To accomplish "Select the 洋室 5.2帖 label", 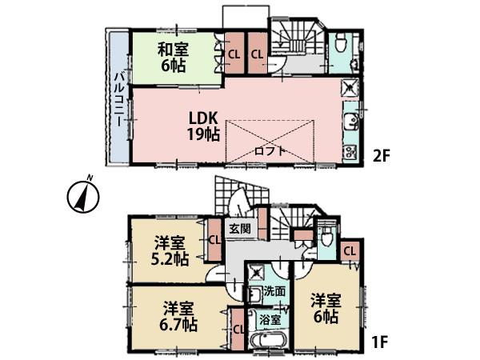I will (170, 250).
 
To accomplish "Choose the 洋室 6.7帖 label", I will (180, 317).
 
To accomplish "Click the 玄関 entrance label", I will (239, 229).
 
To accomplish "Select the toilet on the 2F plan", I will (340, 40).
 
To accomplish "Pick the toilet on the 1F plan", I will (326, 237).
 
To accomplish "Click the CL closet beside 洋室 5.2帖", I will (214, 239).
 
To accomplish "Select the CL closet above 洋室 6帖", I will (350, 252).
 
